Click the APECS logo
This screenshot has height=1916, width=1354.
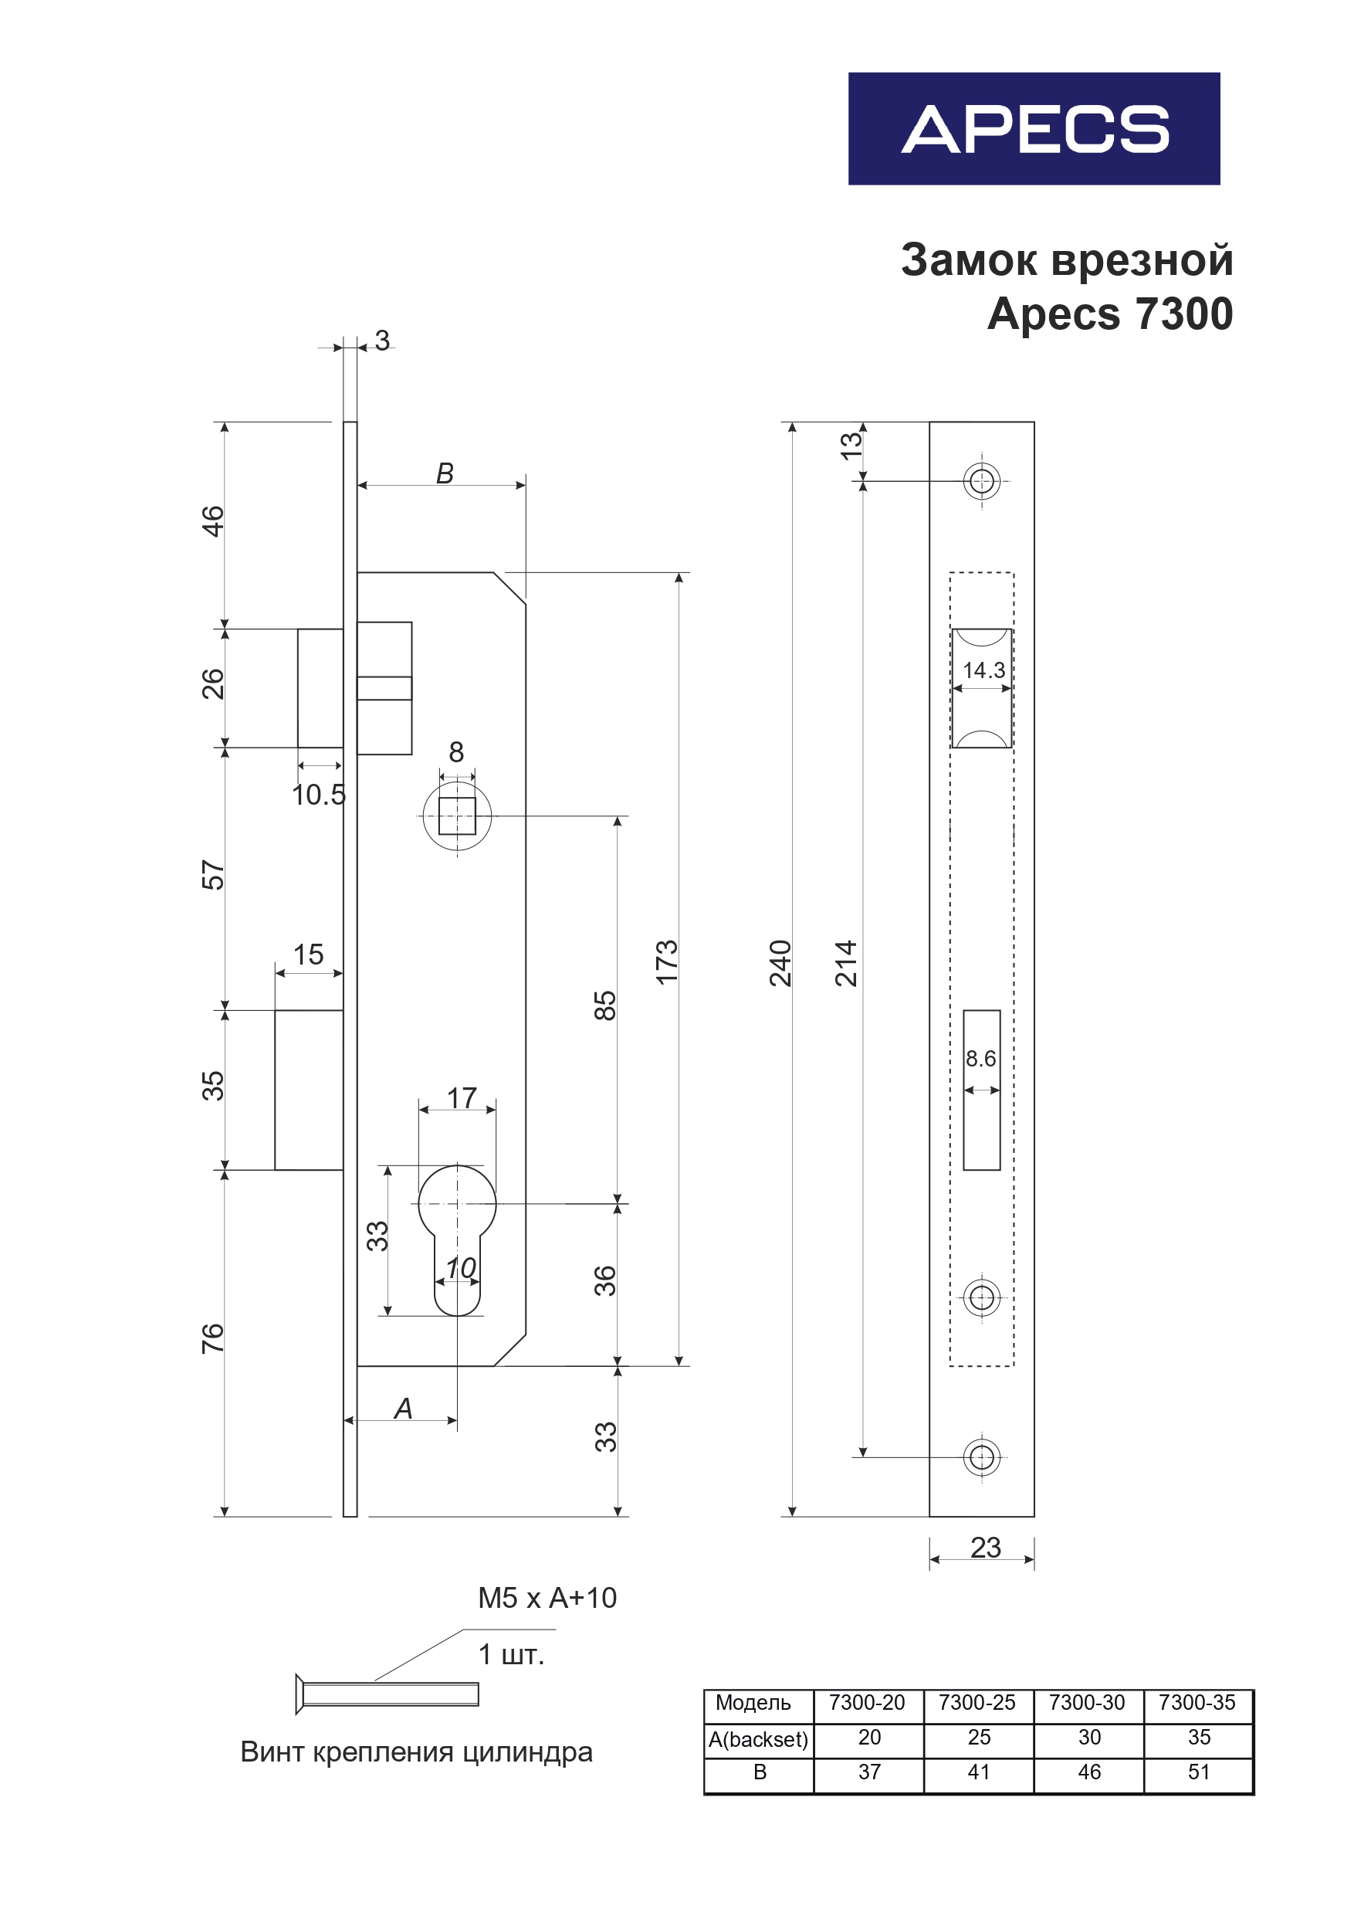(1034, 128)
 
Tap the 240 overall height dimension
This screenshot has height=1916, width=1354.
(780, 963)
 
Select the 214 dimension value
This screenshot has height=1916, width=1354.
(846, 963)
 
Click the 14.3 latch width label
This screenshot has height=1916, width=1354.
(983, 670)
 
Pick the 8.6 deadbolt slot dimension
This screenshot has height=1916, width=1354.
(980, 1059)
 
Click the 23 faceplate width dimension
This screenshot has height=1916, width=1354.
(985, 1548)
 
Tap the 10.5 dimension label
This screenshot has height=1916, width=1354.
(318, 795)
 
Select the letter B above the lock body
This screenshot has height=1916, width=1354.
(445, 473)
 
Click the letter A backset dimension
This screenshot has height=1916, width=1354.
(404, 1409)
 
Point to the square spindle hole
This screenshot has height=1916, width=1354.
(457, 816)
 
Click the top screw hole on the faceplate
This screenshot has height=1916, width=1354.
(982, 481)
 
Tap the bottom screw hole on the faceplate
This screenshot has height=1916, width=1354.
(982, 1457)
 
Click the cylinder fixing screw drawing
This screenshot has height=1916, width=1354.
(388, 1694)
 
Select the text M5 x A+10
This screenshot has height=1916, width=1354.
(547, 1598)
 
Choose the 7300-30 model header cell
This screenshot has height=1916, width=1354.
(1087, 1702)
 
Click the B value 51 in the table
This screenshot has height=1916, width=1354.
(1199, 1772)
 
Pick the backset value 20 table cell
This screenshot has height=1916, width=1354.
(869, 1738)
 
